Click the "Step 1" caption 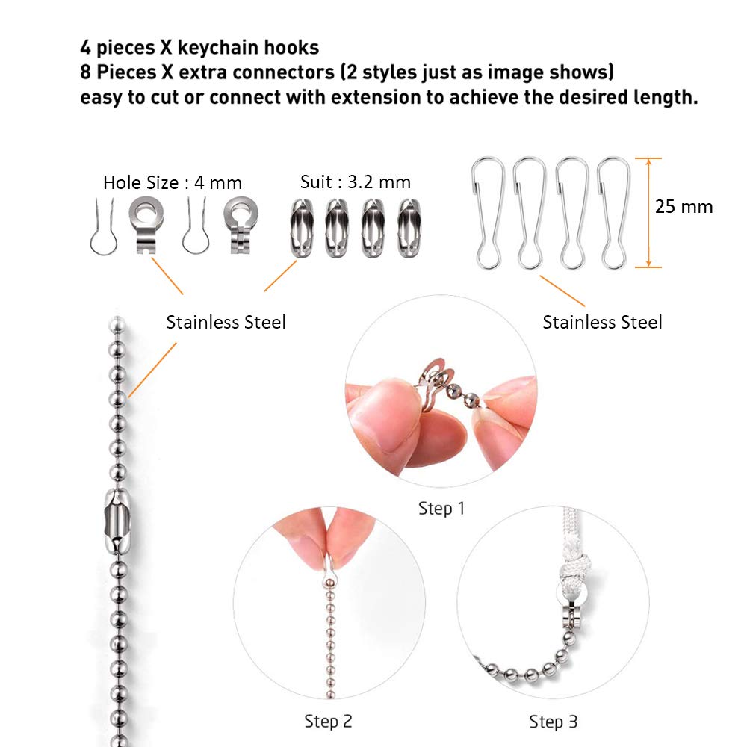tap(441, 508)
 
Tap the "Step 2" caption tap(328, 722)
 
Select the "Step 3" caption tap(553, 722)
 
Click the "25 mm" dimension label tap(684, 207)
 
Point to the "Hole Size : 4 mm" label tap(173, 182)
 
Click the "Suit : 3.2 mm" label tap(356, 182)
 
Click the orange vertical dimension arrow tap(648, 212)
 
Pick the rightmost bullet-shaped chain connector tap(409, 229)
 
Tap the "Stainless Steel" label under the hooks tap(602, 323)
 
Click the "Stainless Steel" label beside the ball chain tap(226, 323)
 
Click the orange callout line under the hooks tap(562, 291)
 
